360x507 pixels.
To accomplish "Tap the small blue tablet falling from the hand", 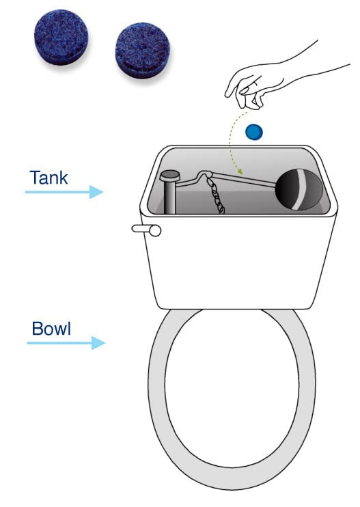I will coord(254,131).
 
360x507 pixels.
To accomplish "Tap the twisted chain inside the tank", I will coord(218,197).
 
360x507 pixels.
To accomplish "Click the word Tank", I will coord(49,178).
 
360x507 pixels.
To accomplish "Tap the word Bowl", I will coord(51,328).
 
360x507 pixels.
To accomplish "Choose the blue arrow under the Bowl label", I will coord(65,342).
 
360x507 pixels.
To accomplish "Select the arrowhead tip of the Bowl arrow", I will coord(105,342).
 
